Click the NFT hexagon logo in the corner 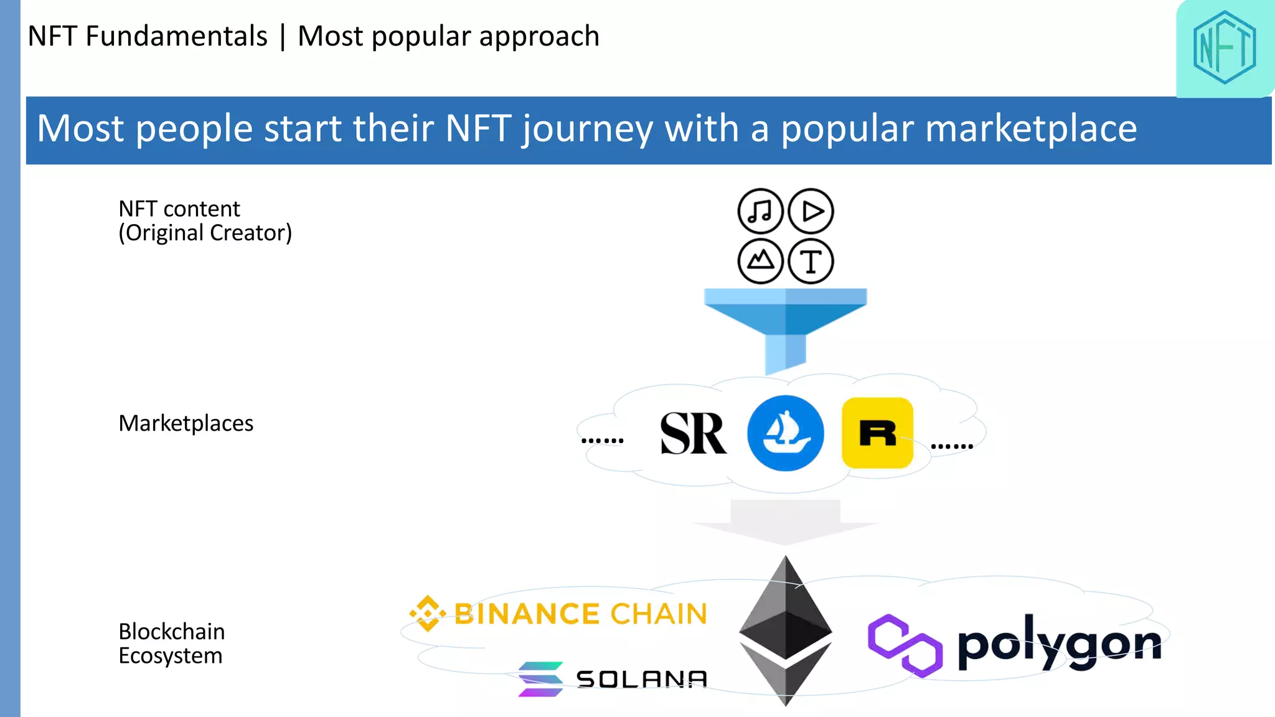point(1224,48)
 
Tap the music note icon point(760,211)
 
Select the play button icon point(811,211)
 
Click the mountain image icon point(760,261)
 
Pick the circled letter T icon point(811,261)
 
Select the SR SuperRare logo point(692,433)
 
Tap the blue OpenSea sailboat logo point(785,433)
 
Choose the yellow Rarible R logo point(877,433)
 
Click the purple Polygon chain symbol point(904,645)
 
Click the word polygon point(1059,644)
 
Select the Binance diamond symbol point(428,613)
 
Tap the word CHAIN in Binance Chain point(659,614)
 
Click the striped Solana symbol point(540,679)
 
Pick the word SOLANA point(642,679)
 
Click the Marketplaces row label point(186,423)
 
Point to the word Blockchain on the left point(171,632)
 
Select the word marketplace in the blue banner point(959,129)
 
